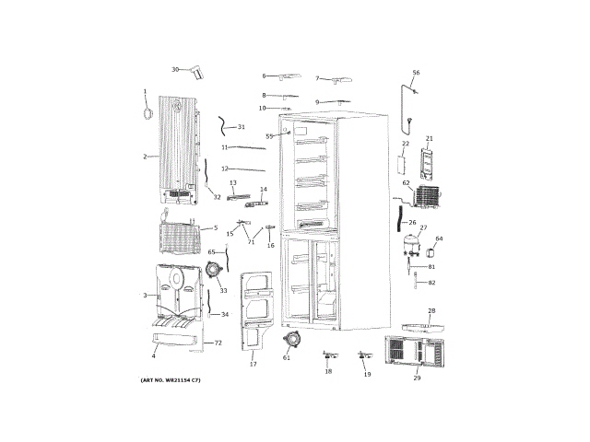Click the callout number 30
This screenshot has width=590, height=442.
point(174,70)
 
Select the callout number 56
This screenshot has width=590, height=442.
point(416,73)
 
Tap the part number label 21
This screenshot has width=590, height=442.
point(429,139)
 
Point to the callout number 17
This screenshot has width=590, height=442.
point(253,365)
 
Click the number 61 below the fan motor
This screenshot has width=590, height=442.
point(286,358)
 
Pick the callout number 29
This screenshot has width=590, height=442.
point(417,378)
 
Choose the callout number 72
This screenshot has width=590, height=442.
point(218,343)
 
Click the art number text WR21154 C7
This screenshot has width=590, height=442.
point(171,380)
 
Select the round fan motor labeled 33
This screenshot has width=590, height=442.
point(215,271)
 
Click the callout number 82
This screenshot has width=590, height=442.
point(431,282)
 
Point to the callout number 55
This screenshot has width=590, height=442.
point(270,136)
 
